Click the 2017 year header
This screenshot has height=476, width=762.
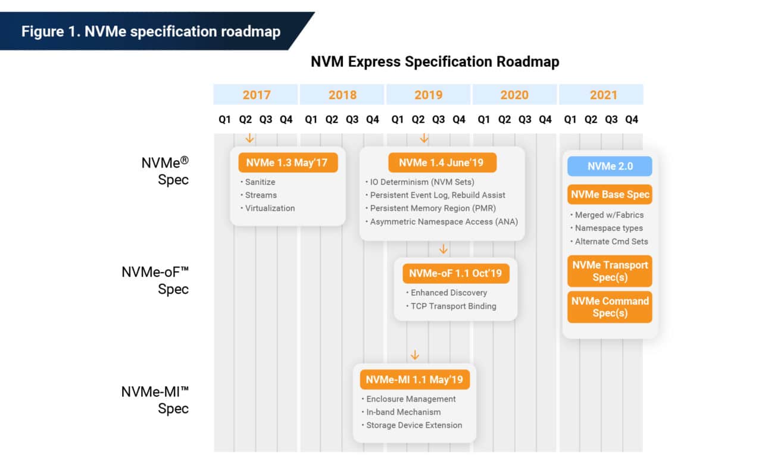tap(256, 95)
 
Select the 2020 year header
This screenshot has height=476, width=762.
tap(514, 95)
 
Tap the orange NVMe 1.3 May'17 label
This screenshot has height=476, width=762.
tap(288, 162)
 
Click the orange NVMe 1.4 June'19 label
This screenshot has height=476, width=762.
tap(442, 162)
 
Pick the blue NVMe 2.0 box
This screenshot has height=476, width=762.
tap(609, 167)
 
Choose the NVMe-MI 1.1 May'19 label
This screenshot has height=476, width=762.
tap(414, 380)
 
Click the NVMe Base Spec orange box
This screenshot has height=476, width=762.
tap(609, 195)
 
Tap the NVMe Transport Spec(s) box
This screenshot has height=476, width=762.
tap(609, 271)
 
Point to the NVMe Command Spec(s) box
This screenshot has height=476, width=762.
tap(609, 307)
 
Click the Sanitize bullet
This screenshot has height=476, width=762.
tap(260, 182)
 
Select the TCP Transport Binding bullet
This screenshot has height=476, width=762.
tap(453, 306)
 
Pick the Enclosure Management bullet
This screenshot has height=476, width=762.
tap(411, 399)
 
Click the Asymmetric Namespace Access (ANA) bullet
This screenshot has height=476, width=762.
tap(444, 221)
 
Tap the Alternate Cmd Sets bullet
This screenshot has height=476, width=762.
tap(611, 241)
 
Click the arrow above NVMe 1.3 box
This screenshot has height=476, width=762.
tap(250, 138)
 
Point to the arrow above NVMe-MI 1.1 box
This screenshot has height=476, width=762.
tap(415, 355)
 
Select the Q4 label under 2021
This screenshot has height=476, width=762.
tap(632, 120)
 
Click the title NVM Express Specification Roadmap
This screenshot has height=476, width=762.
tap(435, 62)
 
